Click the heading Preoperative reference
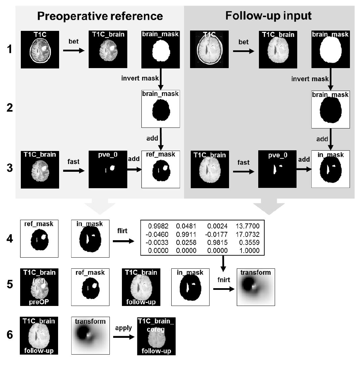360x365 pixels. [100, 16]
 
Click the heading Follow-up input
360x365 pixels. [268, 15]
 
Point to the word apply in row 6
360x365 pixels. [123, 328]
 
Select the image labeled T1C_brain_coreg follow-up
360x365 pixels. [156, 336]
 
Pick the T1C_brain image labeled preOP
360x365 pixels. [39, 287]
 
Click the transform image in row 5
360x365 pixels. [256, 287]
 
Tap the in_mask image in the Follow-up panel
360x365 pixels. [330, 169]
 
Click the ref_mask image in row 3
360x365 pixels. [161, 169]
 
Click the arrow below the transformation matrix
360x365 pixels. [223, 264]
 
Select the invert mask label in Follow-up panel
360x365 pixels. [310, 79]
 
